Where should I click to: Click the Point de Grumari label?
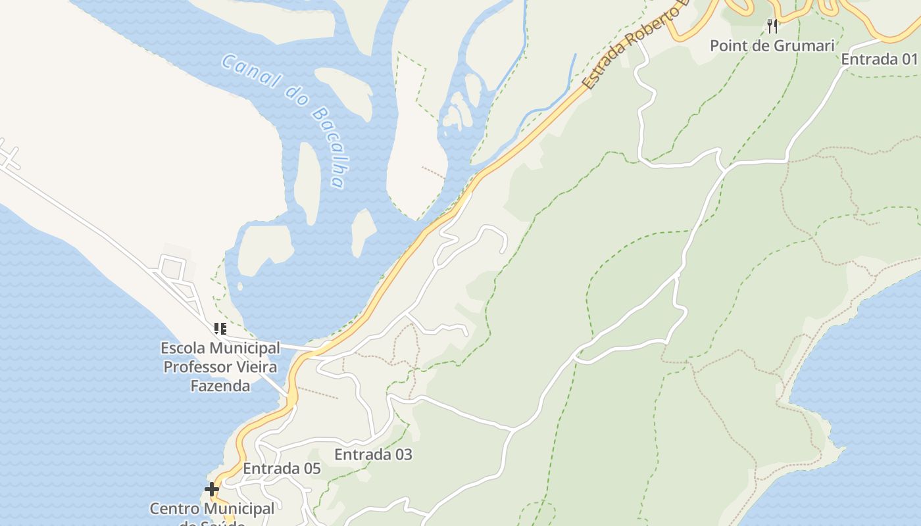coord(772,45)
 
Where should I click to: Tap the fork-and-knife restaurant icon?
coord(772,26)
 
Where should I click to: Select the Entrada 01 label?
coord(879,59)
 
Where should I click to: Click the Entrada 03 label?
coord(373,454)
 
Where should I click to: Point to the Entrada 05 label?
coord(282,469)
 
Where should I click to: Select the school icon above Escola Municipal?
coord(220,328)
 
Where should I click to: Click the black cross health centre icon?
coord(211,489)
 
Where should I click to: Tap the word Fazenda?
coord(220,386)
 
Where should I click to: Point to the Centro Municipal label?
coord(212,509)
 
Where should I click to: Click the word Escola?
coord(182,348)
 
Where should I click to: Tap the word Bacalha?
coord(328,147)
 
